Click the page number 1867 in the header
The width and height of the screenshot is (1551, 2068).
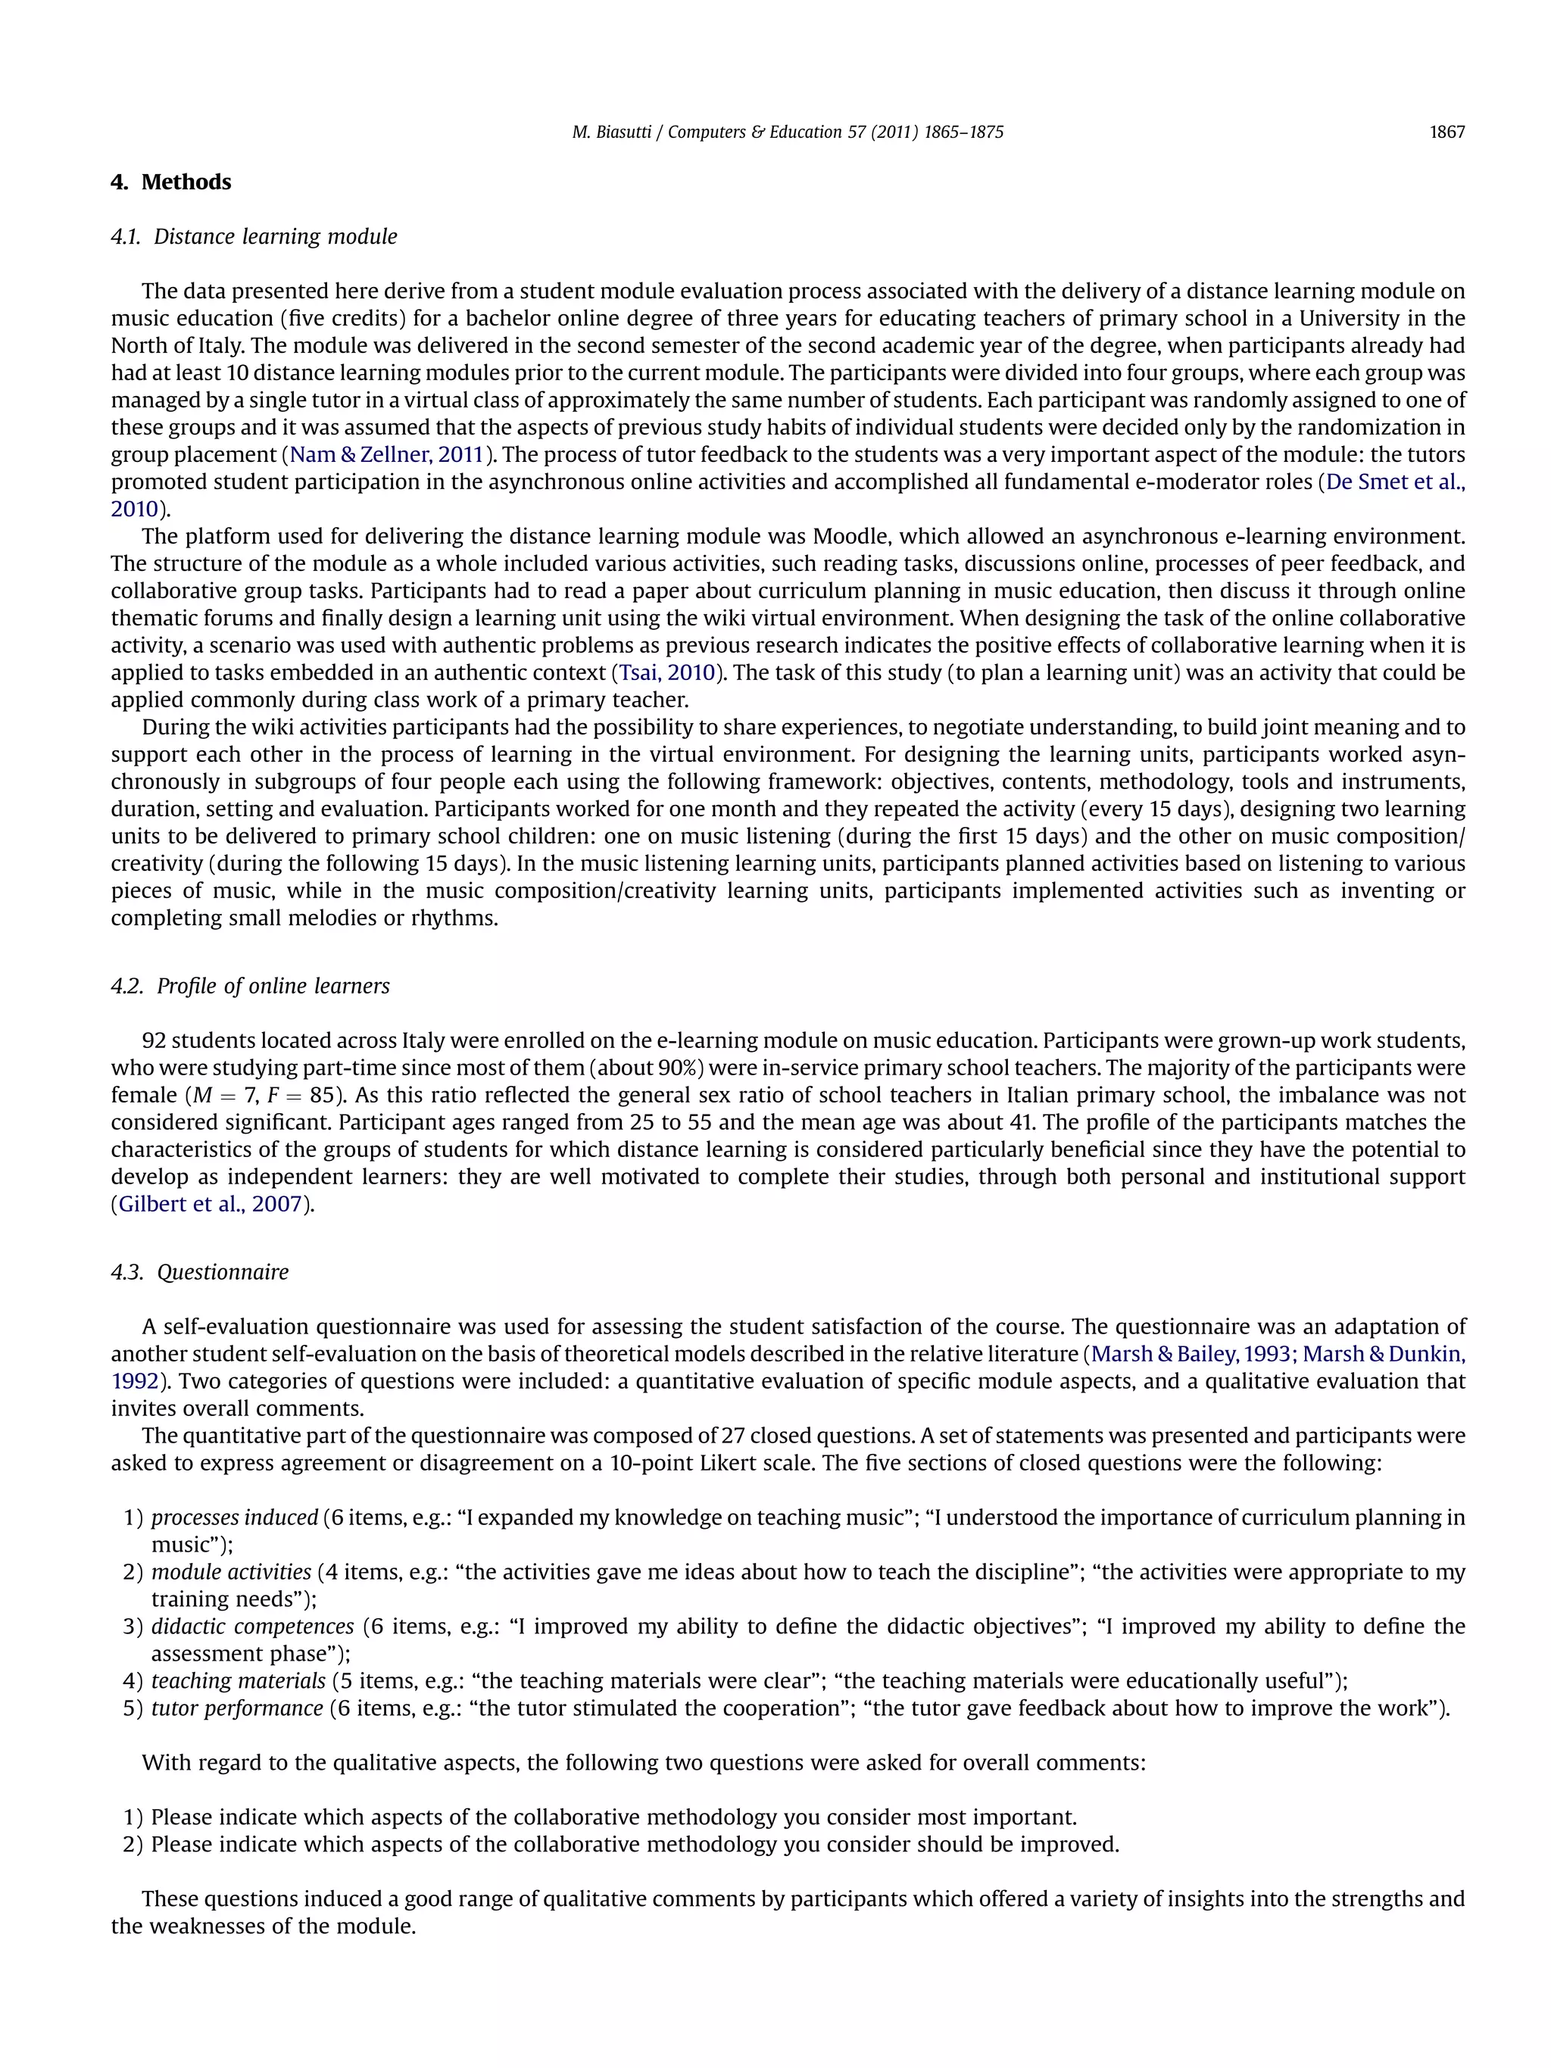(x=1446, y=132)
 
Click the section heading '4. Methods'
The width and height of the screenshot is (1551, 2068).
(x=171, y=182)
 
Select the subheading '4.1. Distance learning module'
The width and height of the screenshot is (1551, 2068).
(x=254, y=236)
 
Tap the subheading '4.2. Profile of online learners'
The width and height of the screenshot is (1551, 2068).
(x=250, y=987)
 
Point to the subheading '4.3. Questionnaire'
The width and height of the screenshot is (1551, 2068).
(x=199, y=1271)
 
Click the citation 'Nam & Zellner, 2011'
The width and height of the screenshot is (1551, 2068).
(x=386, y=455)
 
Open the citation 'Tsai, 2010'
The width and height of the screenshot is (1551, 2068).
(x=666, y=673)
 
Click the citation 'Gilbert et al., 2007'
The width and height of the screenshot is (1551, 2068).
(x=211, y=1204)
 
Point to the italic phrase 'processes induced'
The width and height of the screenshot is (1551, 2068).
(x=235, y=1517)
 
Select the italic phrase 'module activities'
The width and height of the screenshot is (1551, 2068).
(x=231, y=1571)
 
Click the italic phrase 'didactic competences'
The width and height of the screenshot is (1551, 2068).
(x=252, y=1626)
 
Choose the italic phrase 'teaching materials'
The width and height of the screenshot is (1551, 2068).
(x=239, y=1681)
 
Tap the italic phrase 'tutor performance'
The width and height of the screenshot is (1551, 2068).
(x=238, y=1708)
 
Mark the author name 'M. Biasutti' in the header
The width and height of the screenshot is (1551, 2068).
(x=610, y=132)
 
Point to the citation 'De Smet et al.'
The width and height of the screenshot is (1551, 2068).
(x=1395, y=482)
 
